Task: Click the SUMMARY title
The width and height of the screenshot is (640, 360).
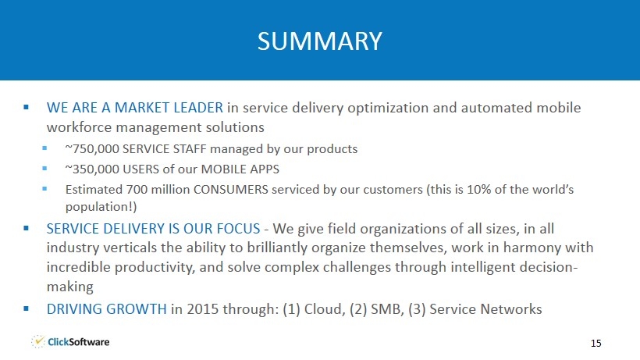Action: pos(319,41)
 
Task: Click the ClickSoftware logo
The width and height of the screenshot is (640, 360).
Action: pos(70,341)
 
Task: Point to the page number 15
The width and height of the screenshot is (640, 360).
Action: pos(596,344)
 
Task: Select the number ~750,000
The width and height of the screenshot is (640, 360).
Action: pos(92,149)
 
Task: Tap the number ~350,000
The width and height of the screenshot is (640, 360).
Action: pos(92,169)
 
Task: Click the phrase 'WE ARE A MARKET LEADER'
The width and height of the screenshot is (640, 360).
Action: pos(135,108)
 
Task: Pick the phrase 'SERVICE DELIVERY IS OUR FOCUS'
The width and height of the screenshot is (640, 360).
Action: pos(153,229)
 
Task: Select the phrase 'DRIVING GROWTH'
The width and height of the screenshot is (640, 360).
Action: pos(106,309)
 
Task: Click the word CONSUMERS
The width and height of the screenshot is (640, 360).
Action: pos(230,190)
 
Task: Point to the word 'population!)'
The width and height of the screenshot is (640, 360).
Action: pos(101,207)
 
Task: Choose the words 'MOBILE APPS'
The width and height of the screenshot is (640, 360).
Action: pos(240,169)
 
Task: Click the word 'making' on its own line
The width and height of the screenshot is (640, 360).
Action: pos(69,287)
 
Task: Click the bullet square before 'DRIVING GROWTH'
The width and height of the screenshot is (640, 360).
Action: pos(26,309)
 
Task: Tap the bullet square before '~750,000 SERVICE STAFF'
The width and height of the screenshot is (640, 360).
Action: pos(44,148)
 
